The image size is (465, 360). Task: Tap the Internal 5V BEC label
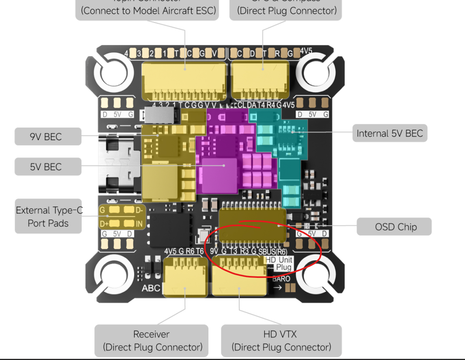pos(390,133)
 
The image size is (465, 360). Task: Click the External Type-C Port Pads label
pos(48,216)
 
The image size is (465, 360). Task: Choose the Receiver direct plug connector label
pos(152,341)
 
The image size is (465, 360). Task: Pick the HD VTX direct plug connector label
pos(281,341)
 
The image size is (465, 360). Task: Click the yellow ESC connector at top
pos(184,81)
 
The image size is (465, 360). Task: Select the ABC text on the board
pos(151,288)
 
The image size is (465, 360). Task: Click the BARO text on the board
pos(281,279)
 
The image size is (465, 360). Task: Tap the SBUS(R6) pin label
pos(273,251)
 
